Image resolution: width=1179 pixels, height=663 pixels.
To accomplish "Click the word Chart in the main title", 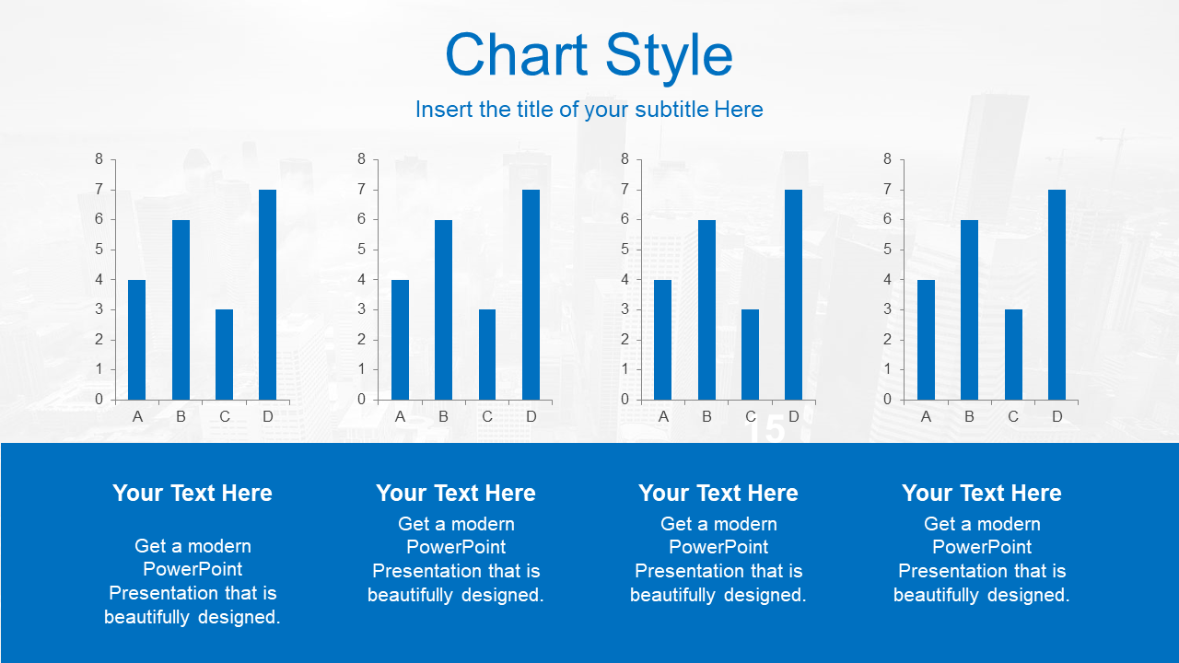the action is tap(516, 54).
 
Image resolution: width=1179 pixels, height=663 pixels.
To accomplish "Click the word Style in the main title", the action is tap(669, 58).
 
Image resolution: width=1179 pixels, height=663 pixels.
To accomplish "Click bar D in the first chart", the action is tap(267, 295).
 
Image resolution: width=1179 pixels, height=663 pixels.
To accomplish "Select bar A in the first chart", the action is tap(137, 340).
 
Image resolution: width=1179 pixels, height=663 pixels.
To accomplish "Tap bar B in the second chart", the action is tap(443, 310).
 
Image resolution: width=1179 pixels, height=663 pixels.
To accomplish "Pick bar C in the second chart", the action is tap(487, 355).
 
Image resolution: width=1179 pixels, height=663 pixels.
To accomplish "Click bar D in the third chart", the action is tap(793, 295).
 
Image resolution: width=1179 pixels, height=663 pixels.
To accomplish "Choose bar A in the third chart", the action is tap(662, 340).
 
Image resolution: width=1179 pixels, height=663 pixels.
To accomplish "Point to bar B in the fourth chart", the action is tap(970, 310).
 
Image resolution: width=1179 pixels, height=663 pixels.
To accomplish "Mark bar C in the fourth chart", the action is tap(1013, 355).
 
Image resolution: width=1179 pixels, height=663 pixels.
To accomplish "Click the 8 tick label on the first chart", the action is tap(99, 159).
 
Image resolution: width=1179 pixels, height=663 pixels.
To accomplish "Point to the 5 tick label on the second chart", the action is tap(362, 250).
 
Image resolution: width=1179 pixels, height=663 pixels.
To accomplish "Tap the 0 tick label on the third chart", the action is tap(625, 400).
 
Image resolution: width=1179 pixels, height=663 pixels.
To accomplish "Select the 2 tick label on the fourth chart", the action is tap(887, 340).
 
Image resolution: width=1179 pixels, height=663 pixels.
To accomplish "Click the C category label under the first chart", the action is tap(225, 417).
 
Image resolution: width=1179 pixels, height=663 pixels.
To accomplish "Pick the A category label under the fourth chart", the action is tap(926, 417).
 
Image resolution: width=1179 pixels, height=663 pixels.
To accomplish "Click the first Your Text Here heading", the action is tap(193, 493).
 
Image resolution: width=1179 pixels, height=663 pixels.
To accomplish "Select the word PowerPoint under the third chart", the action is tap(718, 547).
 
